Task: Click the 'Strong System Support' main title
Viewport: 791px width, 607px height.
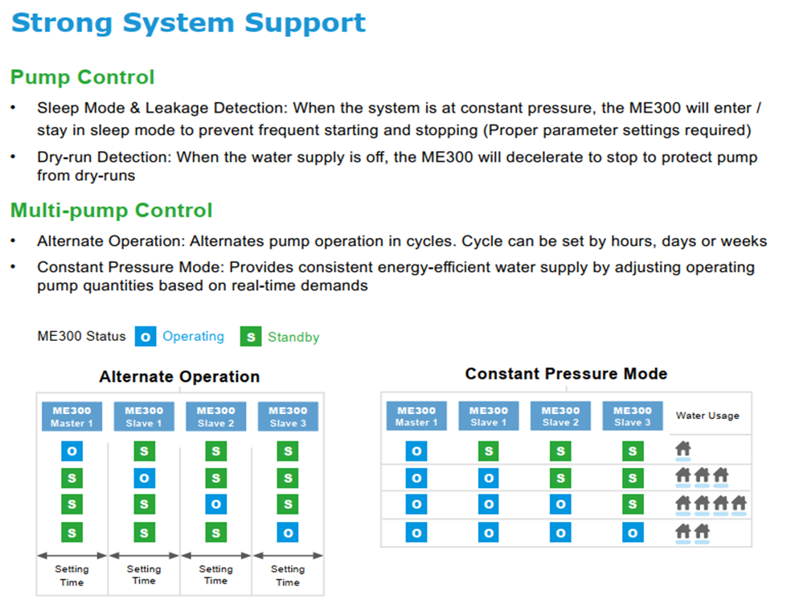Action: tap(188, 23)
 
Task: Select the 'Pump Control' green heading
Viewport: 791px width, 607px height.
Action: tap(82, 77)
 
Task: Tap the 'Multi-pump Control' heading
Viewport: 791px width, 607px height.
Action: tap(112, 211)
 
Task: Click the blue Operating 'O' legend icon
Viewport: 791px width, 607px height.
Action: tap(145, 337)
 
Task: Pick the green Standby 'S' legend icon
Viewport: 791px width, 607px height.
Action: tap(251, 337)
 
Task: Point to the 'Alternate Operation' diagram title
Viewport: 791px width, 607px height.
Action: tap(179, 376)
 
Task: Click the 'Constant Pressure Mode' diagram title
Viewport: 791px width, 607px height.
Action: tap(566, 373)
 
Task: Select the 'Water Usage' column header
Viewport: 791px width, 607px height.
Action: tap(707, 416)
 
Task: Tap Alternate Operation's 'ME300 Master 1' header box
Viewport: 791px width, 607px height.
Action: tap(72, 416)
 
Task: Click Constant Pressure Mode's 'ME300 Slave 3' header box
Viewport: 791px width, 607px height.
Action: tap(633, 416)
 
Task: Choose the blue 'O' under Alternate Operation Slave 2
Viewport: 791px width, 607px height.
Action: tap(216, 504)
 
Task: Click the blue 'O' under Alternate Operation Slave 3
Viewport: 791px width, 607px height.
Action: tap(288, 532)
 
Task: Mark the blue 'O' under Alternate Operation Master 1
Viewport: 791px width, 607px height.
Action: tap(72, 451)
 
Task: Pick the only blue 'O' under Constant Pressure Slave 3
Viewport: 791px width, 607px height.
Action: tap(633, 532)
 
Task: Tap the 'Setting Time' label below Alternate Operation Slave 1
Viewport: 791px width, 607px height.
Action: tap(144, 575)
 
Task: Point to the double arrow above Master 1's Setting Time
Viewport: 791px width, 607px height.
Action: tap(72, 556)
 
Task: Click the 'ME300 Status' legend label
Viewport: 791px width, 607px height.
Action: tap(81, 336)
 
